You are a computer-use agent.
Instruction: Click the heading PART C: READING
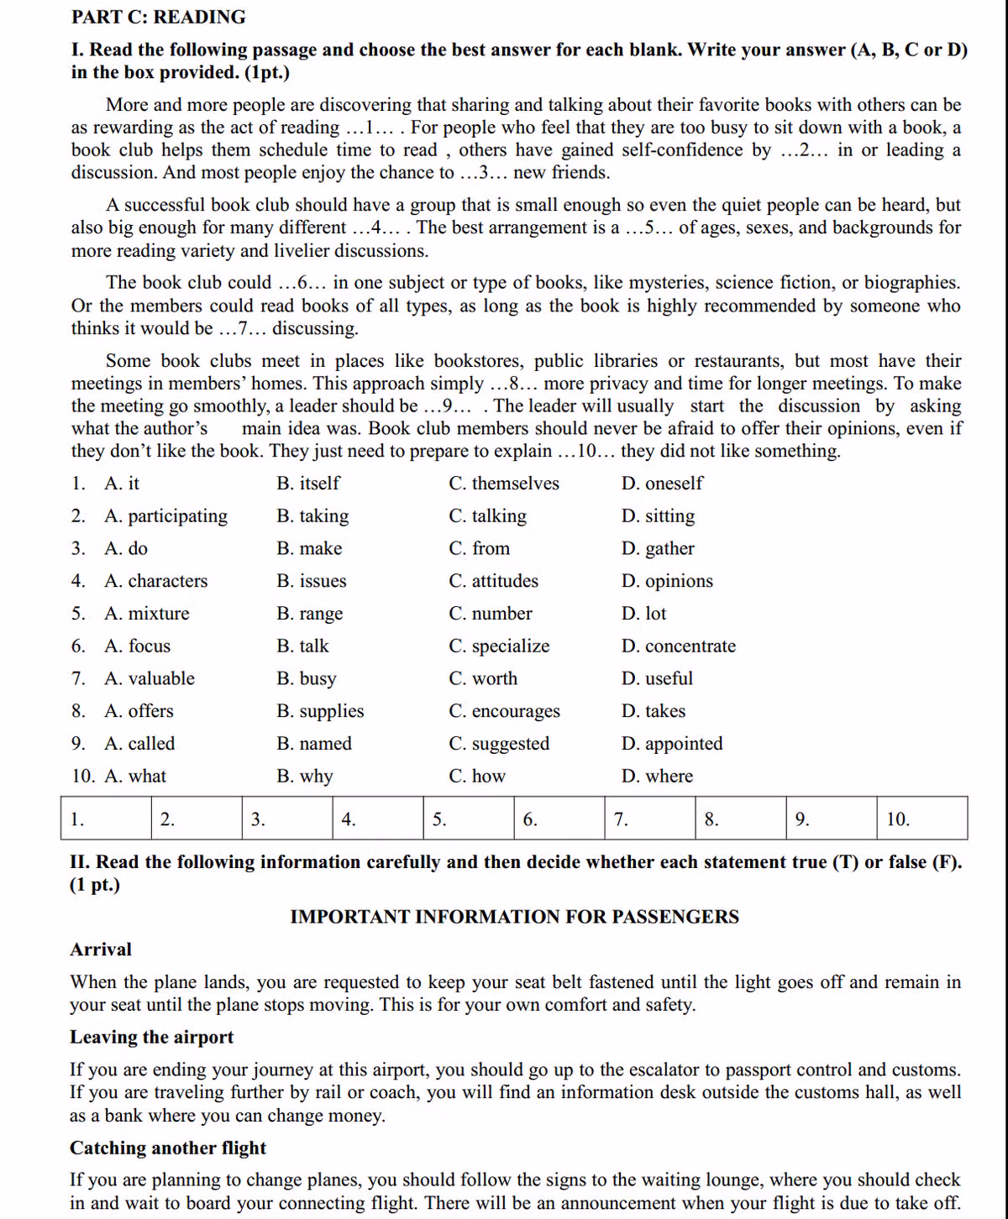click(159, 17)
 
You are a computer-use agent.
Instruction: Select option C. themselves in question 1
click(503, 484)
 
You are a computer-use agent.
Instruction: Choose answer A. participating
click(165, 516)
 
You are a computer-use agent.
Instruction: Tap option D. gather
click(658, 549)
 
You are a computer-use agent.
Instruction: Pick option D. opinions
click(667, 581)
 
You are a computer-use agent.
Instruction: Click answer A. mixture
click(147, 614)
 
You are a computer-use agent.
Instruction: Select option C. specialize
click(499, 646)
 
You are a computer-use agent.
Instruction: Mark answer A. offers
click(139, 711)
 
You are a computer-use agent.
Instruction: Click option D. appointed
click(672, 744)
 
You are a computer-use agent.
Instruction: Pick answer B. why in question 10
click(305, 777)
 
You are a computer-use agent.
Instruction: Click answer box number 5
click(469, 819)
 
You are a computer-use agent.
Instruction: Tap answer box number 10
click(921, 819)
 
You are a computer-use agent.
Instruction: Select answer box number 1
click(106, 819)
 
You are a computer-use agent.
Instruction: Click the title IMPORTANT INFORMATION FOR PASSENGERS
click(514, 917)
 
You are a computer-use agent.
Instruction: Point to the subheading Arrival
click(101, 950)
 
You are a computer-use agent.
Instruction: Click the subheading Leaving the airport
click(152, 1038)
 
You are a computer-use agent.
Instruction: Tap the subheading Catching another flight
click(168, 1148)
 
